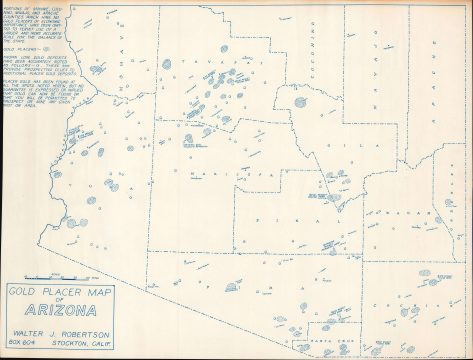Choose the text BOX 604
pos(27,341)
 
